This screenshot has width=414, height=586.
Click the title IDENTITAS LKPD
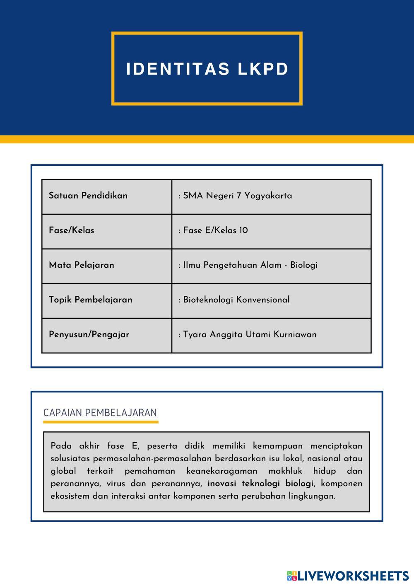pos(207,69)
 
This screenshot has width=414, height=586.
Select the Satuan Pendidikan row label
pos(88,196)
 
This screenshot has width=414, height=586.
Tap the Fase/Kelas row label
pos(72,230)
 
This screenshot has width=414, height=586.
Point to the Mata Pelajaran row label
pos(82,265)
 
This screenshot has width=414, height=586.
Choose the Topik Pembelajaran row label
pos(91,300)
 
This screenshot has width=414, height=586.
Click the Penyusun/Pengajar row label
pos(89,334)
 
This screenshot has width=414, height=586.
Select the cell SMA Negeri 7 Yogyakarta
pos(237,196)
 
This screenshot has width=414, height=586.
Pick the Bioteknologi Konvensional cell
pos(236,300)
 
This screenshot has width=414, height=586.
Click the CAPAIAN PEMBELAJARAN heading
pos(100,413)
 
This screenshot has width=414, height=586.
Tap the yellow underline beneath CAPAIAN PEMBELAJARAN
pos(101,422)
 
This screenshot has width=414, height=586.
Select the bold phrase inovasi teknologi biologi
pos(260,484)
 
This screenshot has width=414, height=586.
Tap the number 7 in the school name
pos(239,196)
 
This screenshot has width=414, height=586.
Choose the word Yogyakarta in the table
pos(268,196)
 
